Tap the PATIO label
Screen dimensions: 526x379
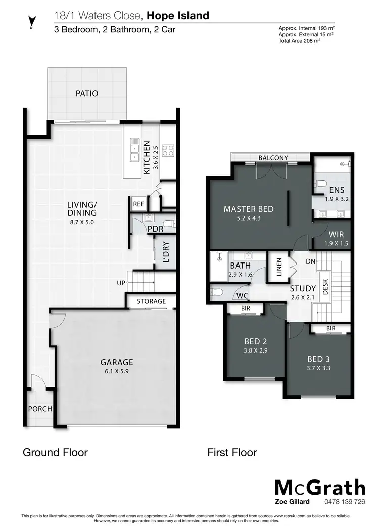coord(87,94)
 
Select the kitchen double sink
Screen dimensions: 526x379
coord(135,150)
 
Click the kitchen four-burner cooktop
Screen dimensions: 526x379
coord(168,150)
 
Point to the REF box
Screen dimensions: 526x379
coord(138,204)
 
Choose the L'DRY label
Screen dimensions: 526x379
coord(166,253)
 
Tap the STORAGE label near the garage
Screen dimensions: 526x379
coord(152,301)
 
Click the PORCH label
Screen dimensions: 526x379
coord(39,409)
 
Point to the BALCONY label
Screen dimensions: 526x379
coord(273,158)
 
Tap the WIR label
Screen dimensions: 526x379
coord(337,235)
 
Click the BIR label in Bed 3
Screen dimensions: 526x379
coord(330,329)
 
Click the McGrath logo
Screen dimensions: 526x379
coord(319,488)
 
